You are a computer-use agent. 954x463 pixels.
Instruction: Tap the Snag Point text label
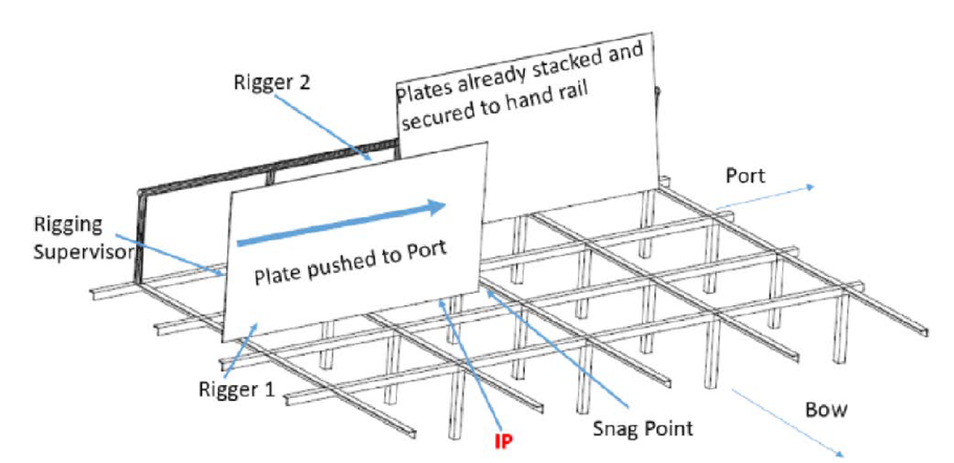point(644,428)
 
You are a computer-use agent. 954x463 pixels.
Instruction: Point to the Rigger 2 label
point(268,81)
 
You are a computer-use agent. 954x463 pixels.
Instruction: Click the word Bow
point(826,411)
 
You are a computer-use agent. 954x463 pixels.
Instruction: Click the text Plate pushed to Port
point(351,263)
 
